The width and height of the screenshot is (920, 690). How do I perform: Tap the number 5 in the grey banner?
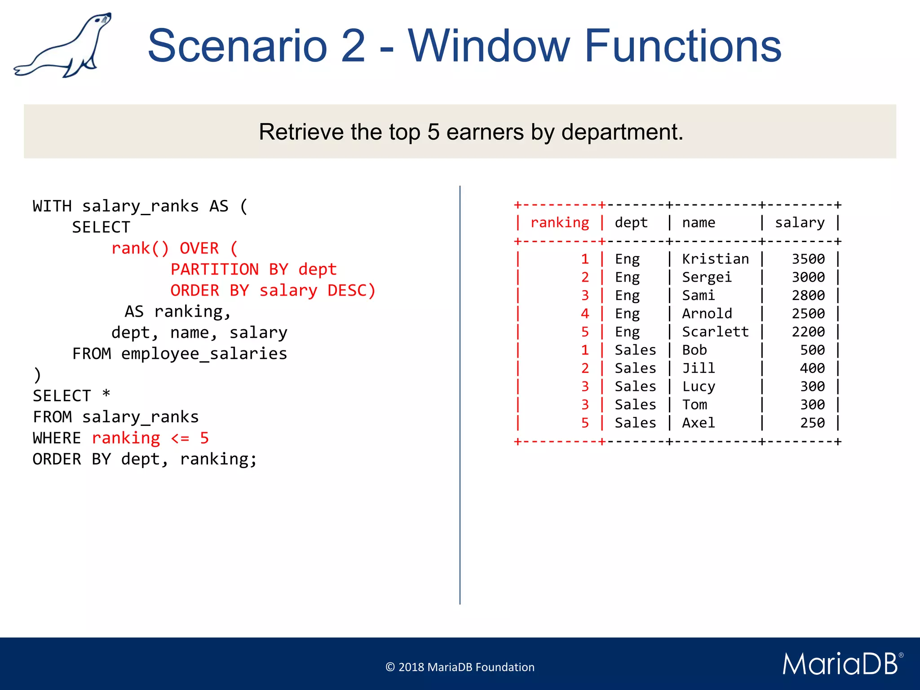click(433, 132)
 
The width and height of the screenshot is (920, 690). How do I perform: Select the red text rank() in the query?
click(140, 248)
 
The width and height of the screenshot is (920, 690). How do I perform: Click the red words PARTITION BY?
click(229, 270)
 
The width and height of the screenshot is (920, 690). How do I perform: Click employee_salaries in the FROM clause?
click(204, 354)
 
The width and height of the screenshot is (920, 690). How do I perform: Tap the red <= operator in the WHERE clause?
click(180, 438)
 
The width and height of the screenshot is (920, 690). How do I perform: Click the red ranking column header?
click(559, 223)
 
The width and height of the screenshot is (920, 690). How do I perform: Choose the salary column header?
click(800, 223)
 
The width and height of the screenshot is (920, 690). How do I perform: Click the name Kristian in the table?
click(715, 259)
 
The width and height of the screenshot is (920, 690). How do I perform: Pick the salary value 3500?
click(808, 259)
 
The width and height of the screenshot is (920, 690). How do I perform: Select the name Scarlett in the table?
click(715, 332)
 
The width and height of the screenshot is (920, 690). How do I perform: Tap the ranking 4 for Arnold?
click(584, 314)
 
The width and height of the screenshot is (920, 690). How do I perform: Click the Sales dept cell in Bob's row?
click(635, 350)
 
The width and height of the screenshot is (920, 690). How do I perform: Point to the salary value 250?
click(812, 423)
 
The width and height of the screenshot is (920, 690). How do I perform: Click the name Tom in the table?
click(694, 405)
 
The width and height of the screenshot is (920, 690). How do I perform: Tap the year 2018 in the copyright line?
click(411, 668)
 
